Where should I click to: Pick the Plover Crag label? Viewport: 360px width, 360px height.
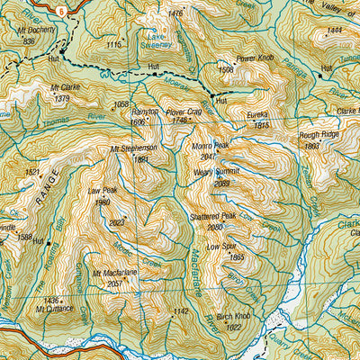[x=183, y=112]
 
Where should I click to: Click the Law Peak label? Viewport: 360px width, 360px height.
[x=103, y=191]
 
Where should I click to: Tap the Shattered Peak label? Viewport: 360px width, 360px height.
[x=213, y=217]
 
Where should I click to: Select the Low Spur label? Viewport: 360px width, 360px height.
[x=224, y=246]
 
